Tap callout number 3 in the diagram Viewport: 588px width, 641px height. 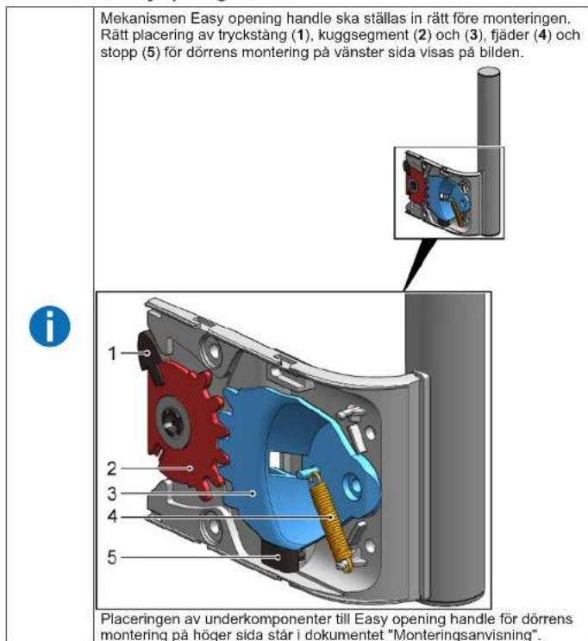(x=111, y=493)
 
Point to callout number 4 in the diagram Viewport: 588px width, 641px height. (x=111, y=518)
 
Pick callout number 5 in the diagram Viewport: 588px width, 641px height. (x=111, y=557)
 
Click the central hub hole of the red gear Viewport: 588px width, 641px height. (x=177, y=422)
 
